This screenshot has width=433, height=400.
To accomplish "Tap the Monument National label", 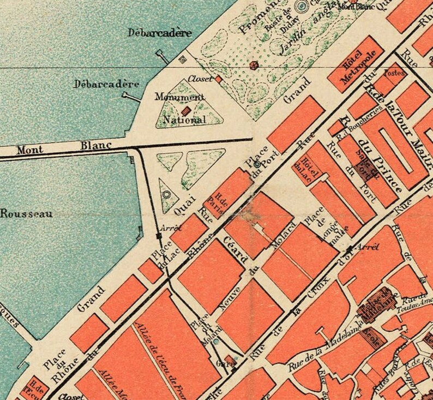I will coord(180,108).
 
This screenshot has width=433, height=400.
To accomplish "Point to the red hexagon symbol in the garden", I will coord(254,65).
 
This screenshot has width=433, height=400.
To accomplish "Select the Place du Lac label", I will coord(161,255).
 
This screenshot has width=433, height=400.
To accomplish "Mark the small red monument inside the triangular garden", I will coord(185,111).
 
